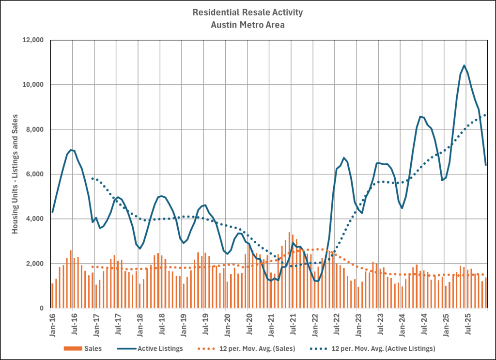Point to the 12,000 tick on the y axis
tap(33, 40)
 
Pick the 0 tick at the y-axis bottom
tap(42, 308)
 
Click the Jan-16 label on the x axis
tap(52, 320)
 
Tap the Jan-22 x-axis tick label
tap(314, 320)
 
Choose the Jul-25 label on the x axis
tap(467, 320)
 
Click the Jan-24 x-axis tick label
tap(402, 320)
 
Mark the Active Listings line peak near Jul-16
tap(71, 150)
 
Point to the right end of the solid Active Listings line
tap(485, 165)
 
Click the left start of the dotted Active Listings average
tap(92, 178)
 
